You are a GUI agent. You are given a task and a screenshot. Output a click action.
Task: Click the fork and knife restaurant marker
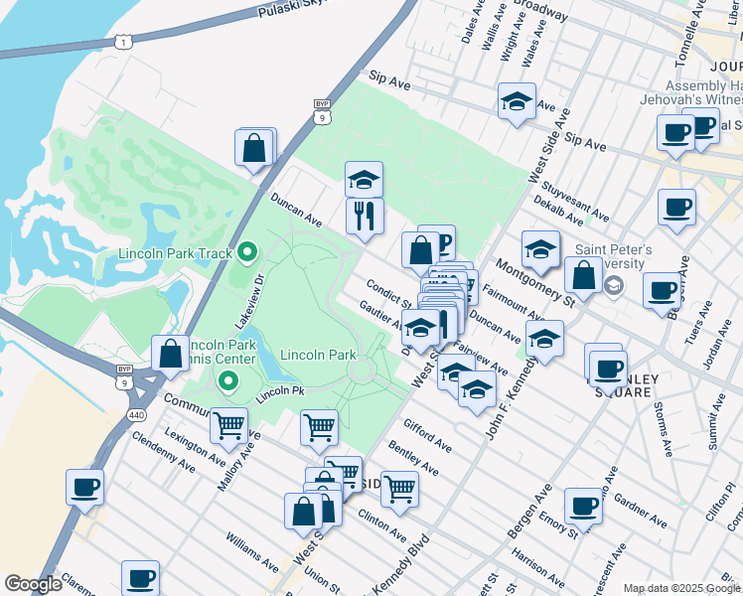[365, 215]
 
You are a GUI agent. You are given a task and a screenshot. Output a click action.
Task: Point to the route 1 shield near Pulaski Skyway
[121, 41]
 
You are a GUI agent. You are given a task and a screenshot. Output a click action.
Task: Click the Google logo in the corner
[33, 583]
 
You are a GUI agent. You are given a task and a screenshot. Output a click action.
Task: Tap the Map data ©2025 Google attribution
[681, 588]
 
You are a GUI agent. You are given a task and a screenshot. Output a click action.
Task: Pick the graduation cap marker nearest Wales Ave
[516, 102]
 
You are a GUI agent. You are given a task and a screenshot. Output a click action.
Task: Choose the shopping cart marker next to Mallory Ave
[229, 426]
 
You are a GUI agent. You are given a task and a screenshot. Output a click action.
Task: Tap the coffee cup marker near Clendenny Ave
[85, 488]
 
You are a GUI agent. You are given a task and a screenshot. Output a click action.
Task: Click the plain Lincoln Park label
[318, 355]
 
